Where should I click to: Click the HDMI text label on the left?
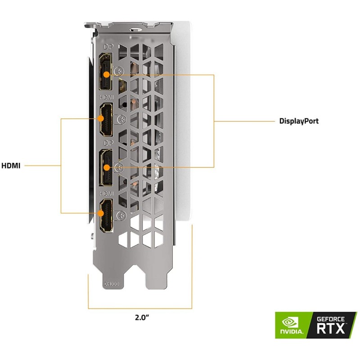(11, 165)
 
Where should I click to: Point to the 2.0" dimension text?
(142, 317)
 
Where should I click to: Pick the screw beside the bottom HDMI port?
(120, 215)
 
